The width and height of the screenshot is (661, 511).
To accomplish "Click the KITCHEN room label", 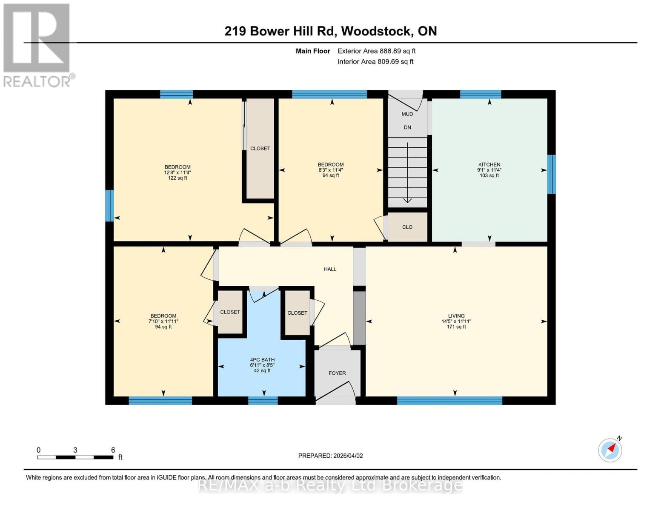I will tap(489, 164).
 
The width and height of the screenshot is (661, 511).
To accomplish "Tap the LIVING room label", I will tap(456, 316).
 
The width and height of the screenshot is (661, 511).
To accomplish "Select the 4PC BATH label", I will tap(262, 360).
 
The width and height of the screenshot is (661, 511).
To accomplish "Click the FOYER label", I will tap(337, 373).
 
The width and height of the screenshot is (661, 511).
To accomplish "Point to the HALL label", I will tap(330, 269).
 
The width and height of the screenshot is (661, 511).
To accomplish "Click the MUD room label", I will tap(407, 114).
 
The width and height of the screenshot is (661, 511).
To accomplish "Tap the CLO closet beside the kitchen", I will tap(407, 227).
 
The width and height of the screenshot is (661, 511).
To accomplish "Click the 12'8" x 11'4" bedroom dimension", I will tap(177, 172).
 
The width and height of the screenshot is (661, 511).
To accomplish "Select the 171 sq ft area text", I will tap(456, 327).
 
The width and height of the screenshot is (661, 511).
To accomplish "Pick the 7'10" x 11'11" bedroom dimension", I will tap(163, 322).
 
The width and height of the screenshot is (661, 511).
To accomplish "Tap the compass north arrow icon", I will tap(610, 450).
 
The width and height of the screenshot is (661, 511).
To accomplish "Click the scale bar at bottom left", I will tap(75, 457).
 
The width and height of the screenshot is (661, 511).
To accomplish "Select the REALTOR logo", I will tap(37, 45).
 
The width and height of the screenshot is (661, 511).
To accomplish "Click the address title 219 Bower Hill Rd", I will tap(331, 31).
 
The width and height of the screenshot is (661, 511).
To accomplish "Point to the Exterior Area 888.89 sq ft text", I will tap(376, 51).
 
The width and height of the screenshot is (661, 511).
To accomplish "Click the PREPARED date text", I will tap(330, 456).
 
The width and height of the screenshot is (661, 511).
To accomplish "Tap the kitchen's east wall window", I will tap(551, 174).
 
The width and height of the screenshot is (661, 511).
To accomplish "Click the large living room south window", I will tap(449, 400).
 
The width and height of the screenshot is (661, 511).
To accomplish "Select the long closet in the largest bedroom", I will tap(260, 148).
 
